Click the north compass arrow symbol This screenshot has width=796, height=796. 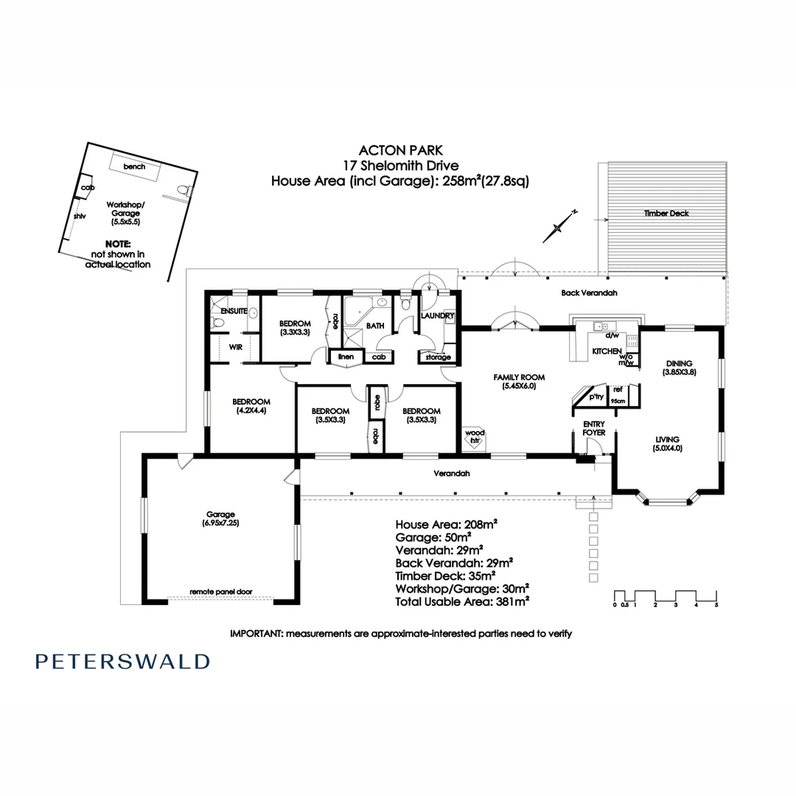(x=558, y=226)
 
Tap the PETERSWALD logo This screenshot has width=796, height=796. (x=122, y=661)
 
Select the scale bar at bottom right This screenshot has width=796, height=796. (x=666, y=598)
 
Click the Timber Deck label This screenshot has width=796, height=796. (x=666, y=213)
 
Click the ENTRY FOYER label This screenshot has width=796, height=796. (x=594, y=428)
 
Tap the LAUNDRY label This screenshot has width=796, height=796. (x=437, y=315)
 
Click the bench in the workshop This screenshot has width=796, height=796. (x=134, y=166)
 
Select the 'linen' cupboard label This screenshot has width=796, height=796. (x=346, y=357)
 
